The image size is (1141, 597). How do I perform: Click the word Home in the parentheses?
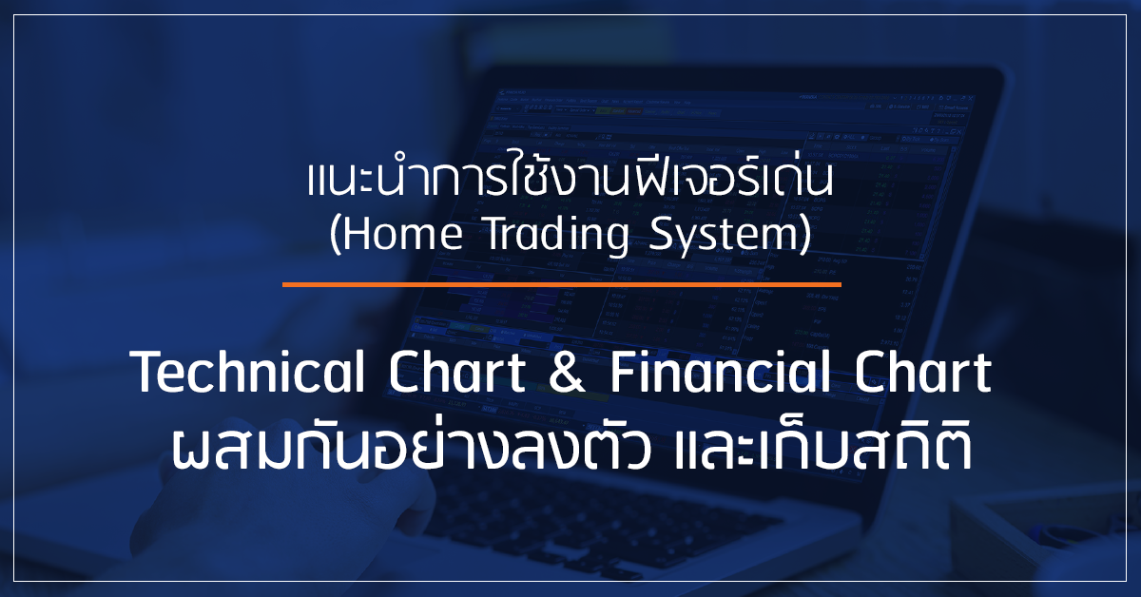pyautogui.click(x=403, y=234)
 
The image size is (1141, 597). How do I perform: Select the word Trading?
pyautogui.click(x=557, y=236)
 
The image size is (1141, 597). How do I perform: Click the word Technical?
pyautogui.click(x=247, y=372)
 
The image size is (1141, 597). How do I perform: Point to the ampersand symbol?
pyautogui.click(x=567, y=373)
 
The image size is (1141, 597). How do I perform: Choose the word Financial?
pyautogui.click(x=720, y=372)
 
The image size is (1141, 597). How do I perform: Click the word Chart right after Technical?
pyautogui.click(x=457, y=372)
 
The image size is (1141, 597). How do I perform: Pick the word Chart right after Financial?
pyautogui.click(x=923, y=372)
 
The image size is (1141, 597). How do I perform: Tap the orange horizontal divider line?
pyautogui.click(x=561, y=285)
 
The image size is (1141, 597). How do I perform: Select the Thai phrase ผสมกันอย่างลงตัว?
pyautogui.click(x=411, y=447)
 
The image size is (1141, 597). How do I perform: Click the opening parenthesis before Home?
pyautogui.click(x=334, y=235)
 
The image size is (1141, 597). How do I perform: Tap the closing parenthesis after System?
pyautogui.click(x=804, y=235)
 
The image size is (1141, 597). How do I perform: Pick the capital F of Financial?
pyautogui.click(x=623, y=373)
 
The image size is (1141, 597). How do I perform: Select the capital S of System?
pyautogui.click(x=660, y=234)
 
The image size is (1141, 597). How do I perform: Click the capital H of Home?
pyautogui.click(x=358, y=234)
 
